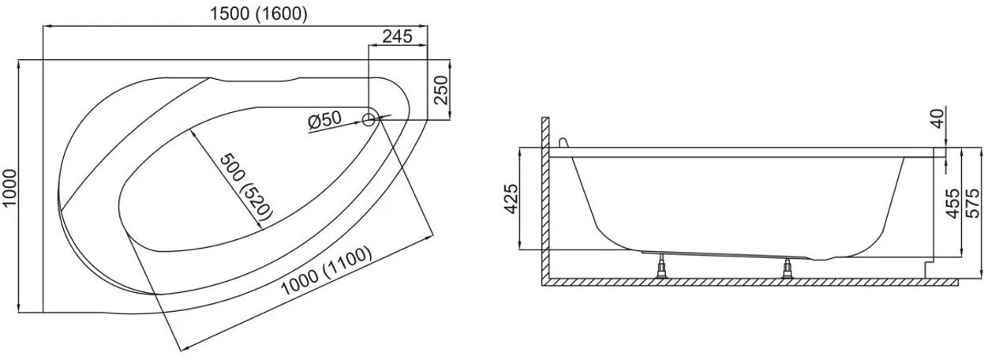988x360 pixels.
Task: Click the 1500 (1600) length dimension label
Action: (x=259, y=14)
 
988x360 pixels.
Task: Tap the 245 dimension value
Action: (x=397, y=36)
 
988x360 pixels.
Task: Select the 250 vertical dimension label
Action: (x=440, y=90)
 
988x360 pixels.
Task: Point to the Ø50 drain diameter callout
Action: (x=324, y=120)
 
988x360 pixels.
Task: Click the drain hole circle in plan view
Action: (x=369, y=119)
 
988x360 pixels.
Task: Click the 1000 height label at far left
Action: (x=9, y=187)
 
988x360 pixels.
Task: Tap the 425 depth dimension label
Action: (x=511, y=198)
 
